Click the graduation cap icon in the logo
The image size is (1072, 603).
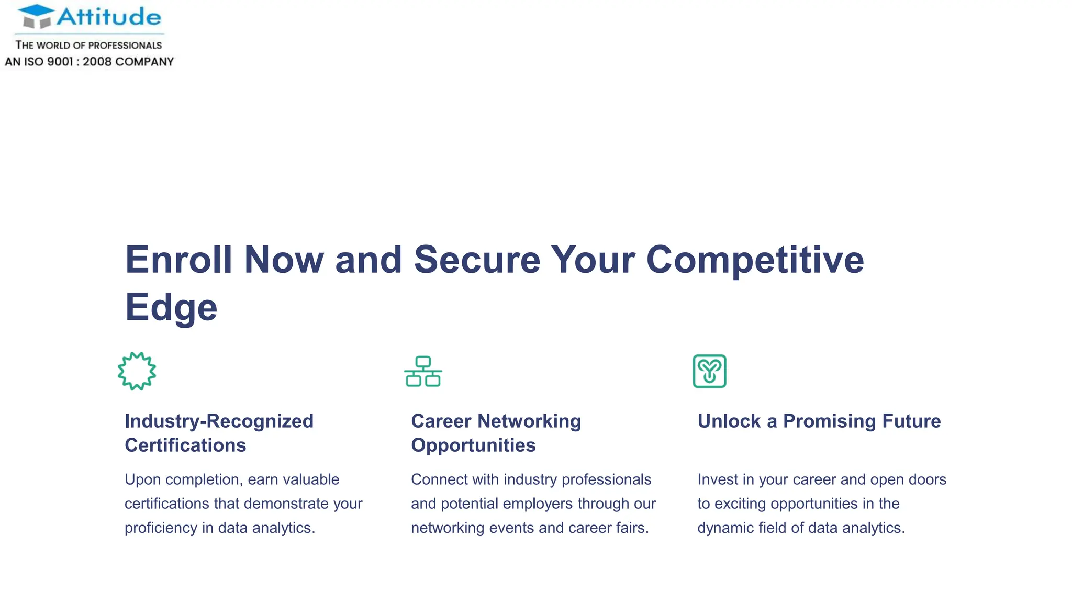[36, 16]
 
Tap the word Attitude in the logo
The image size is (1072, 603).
[109, 17]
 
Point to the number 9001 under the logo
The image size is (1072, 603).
[60, 62]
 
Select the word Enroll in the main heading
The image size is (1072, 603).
[178, 260]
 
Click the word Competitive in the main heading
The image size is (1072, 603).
[755, 260]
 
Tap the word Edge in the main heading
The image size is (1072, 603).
[171, 307]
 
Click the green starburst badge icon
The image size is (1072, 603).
[137, 371]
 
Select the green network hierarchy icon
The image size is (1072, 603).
[423, 371]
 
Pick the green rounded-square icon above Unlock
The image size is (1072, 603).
[709, 371]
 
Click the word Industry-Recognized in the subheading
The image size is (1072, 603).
[219, 421]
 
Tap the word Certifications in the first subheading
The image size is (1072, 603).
[185, 445]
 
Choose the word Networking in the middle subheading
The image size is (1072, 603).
[529, 421]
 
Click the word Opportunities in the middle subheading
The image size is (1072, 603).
[473, 445]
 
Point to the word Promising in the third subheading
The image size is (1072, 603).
[830, 421]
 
